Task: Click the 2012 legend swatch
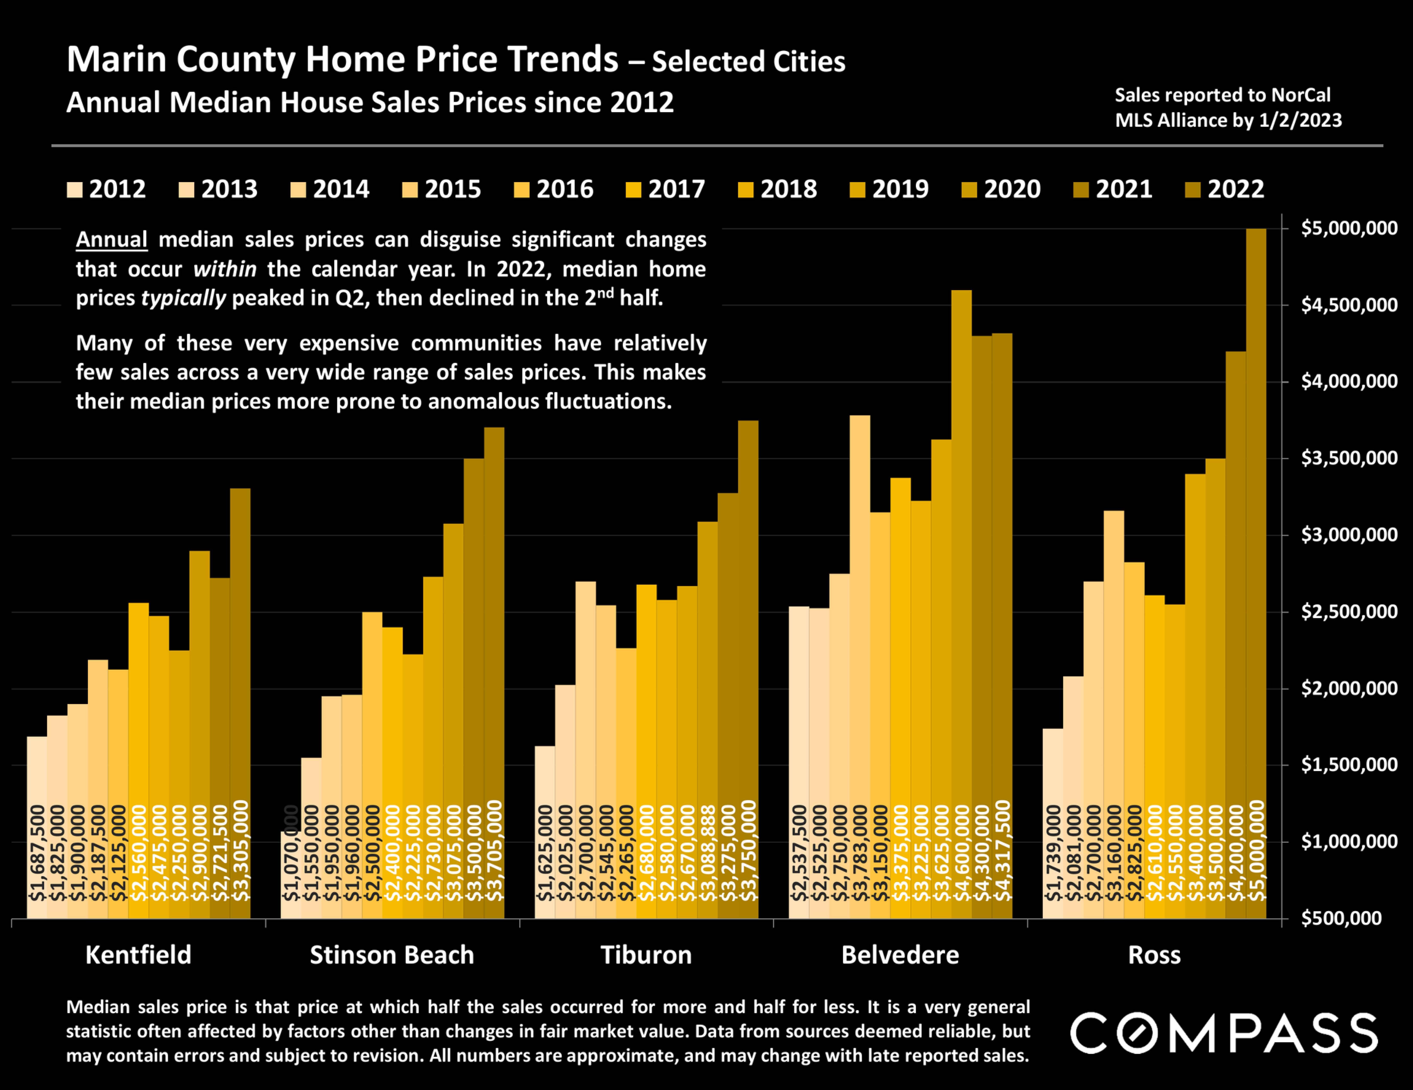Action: pos(74,190)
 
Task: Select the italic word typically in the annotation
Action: pos(183,298)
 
